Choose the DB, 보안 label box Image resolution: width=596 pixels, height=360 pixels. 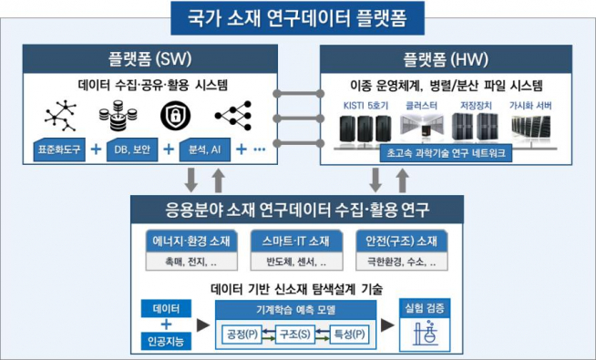[132, 148]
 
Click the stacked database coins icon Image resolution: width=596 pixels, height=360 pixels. [117, 117]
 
